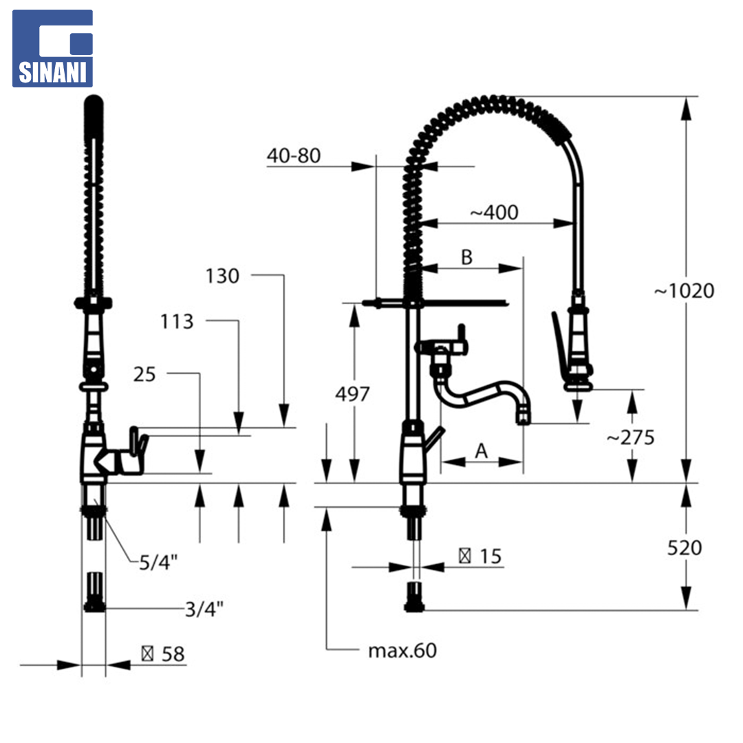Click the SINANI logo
tap(52, 48)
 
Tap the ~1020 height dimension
tap(684, 290)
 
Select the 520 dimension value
tap(685, 548)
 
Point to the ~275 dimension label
tap(630, 438)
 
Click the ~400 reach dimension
tap(494, 213)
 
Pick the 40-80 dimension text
tap(294, 155)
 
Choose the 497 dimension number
tap(352, 394)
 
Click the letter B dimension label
tap(466, 257)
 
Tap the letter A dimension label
tap(482, 451)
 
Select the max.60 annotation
tap(402, 650)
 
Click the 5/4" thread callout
tap(158, 563)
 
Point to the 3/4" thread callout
tap(204, 608)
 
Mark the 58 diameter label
tap(163, 654)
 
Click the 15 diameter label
tap(480, 557)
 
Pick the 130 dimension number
tap(222, 276)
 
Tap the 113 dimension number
tap(177, 322)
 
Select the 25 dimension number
tap(144, 374)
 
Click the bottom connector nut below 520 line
tap(415, 597)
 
